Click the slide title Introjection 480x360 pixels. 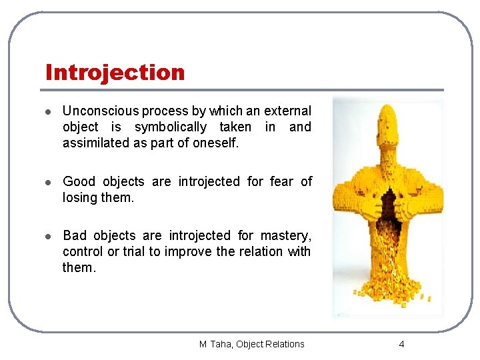pyautogui.click(x=115, y=72)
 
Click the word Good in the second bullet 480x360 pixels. pyautogui.click(x=79, y=181)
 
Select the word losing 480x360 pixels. pyautogui.click(x=79, y=197)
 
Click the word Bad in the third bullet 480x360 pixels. pyautogui.click(x=75, y=235)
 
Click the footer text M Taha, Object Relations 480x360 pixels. pyautogui.click(x=251, y=344)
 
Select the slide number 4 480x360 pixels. pyautogui.click(x=401, y=344)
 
